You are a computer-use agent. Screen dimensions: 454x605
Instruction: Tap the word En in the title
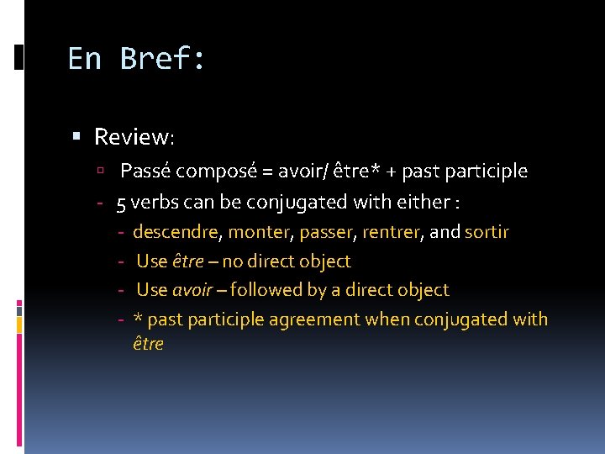pos(85,59)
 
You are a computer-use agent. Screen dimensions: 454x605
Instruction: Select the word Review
pos(133,136)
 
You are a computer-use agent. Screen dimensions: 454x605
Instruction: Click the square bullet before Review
pos(76,135)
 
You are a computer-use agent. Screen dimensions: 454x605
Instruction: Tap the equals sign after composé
pos(266,172)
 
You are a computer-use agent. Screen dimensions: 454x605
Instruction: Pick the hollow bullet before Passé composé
pos(100,172)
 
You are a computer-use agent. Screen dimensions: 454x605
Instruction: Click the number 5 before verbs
pos(122,203)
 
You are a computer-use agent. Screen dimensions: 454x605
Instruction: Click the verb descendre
pos(176,232)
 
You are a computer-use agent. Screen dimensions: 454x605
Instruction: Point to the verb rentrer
pos(392,232)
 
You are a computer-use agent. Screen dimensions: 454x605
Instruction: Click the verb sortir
pos(487,232)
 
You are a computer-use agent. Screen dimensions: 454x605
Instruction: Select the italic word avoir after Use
pos(192,290)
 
